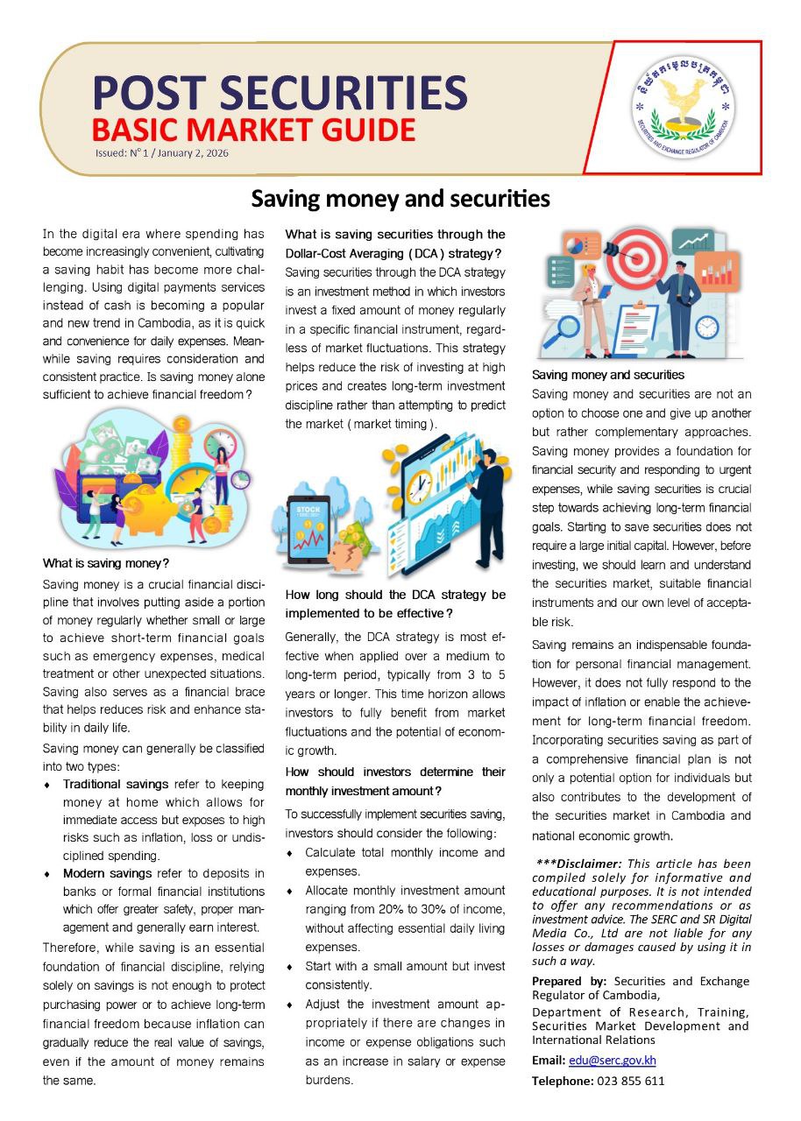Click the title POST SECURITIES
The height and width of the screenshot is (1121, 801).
click(280, 92)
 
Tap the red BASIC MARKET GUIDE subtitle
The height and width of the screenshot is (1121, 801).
click(253, 130)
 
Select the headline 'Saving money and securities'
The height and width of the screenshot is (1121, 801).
click(400, 199)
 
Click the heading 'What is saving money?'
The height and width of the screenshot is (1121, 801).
click(105, 562)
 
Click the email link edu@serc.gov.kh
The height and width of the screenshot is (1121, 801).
click(613, 1060)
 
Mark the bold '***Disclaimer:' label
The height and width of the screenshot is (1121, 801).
click(578, 863)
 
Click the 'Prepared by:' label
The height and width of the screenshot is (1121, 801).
click(569, 981)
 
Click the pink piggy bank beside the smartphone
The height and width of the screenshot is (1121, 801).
click(347, 550)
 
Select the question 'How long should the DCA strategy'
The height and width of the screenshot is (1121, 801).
click(395, 595)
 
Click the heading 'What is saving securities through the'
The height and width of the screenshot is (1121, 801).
click(395, 234)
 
